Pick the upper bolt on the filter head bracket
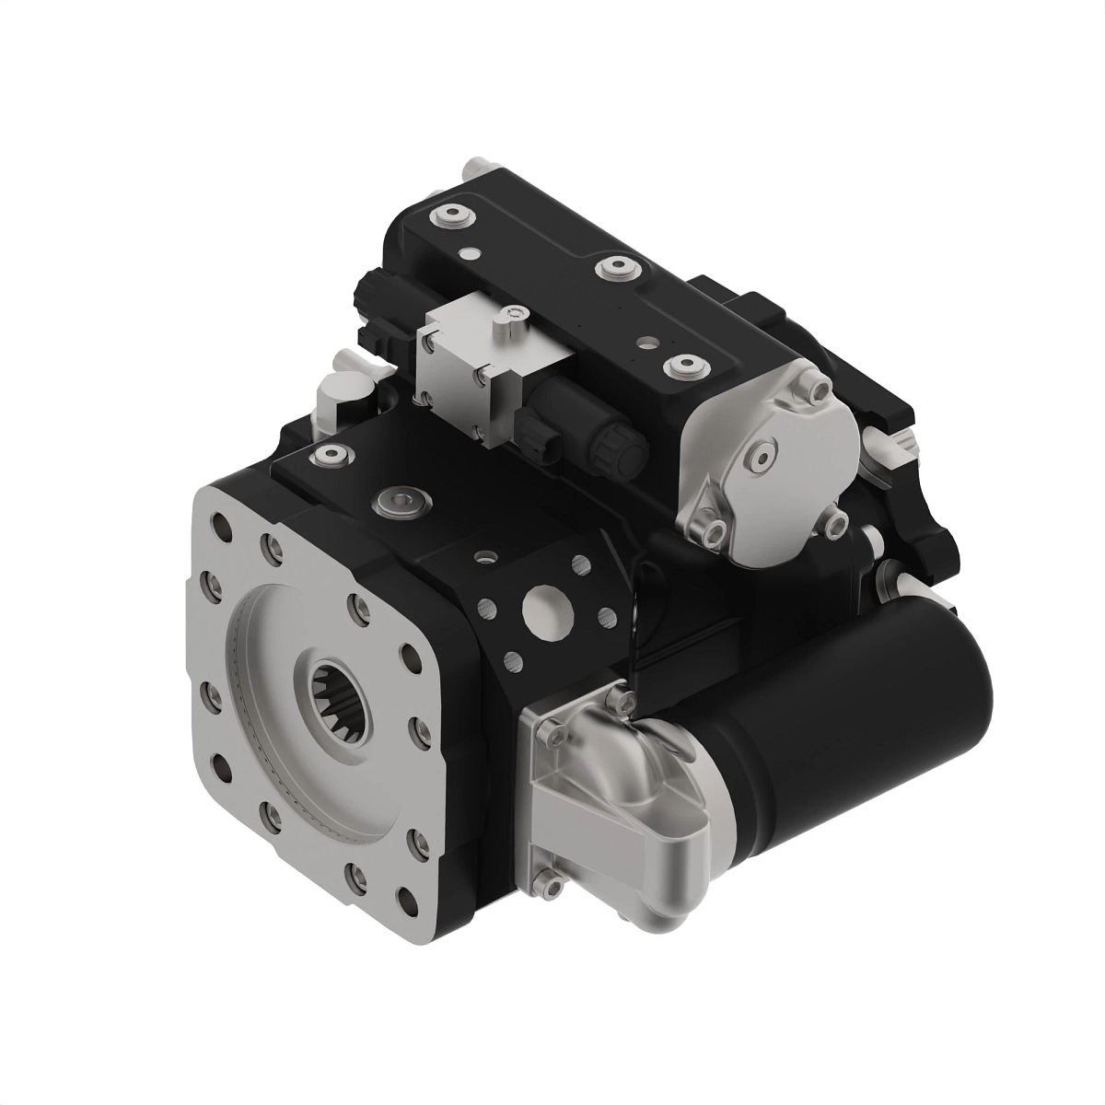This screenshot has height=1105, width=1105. (549, 728)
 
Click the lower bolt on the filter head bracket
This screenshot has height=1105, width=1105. (551, 881)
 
